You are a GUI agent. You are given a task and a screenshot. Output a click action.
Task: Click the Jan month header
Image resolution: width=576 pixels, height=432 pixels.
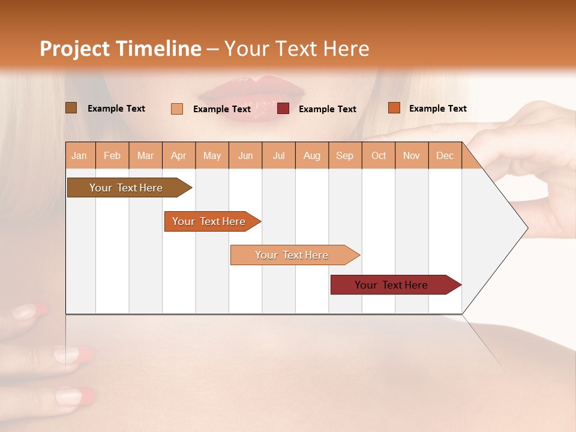[80, 156]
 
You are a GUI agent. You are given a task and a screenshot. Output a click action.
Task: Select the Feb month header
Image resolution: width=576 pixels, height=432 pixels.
[112, 156]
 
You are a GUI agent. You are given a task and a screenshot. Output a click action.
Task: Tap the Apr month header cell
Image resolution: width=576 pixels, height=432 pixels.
[179, 156]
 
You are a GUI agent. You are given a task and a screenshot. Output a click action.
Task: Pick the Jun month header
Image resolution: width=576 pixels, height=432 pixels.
[245, 156]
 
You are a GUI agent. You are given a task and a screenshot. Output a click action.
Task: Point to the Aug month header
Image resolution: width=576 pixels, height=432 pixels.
[312, 156]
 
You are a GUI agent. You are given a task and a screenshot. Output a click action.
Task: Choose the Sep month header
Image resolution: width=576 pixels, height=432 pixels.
[345, 156]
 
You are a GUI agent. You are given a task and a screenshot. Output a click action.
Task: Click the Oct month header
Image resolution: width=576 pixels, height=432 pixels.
[379, 156]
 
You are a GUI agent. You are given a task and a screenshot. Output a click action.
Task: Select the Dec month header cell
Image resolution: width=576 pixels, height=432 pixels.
[445, 156]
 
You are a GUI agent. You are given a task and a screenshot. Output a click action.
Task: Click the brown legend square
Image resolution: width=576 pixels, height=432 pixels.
[71, 108]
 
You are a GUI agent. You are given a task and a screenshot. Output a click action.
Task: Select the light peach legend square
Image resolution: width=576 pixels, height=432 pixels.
[177, 109]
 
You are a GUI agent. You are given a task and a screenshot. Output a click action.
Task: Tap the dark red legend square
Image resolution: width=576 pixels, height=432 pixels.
[283, 109]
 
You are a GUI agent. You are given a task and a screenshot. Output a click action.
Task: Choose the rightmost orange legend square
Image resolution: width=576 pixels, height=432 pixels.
[394, 108]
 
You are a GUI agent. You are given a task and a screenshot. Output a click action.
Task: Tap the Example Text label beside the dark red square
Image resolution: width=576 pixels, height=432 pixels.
[327, 109]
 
